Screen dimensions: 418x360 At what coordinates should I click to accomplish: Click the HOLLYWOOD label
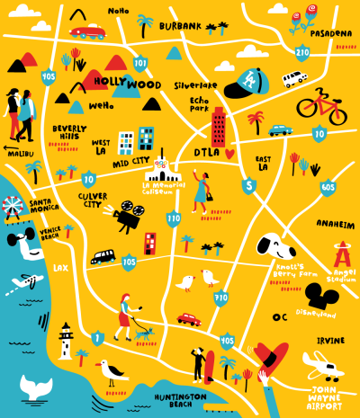click(127, 84)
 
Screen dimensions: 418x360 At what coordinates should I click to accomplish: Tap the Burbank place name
click(180, 27)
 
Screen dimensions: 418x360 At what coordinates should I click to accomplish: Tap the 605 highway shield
click(328, 187)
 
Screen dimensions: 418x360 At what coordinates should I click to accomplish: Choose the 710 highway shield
click(220, 296)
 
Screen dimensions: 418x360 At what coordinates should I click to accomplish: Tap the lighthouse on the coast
click(65, 343)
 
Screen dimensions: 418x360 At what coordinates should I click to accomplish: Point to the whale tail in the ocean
click(37, 387)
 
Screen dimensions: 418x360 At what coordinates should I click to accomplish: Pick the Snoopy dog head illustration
click(269, 245)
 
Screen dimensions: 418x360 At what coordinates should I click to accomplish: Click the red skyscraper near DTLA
click(218, 127)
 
